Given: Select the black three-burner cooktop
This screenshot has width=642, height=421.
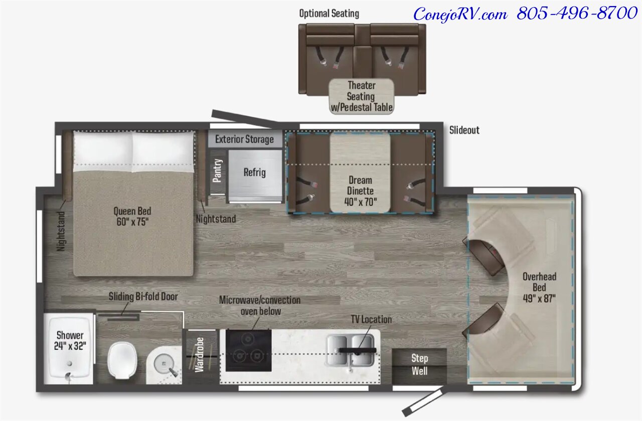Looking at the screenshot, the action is point(248,350).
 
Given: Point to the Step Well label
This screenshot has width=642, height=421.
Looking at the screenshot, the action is point(420,364).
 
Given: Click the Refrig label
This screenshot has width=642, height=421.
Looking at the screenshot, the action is point(254,172).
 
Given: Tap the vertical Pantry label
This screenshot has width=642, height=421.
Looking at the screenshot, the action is point(217,171).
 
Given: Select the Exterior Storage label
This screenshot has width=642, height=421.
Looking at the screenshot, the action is point(244,139).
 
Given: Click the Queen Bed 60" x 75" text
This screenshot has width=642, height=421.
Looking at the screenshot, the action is point(132,216).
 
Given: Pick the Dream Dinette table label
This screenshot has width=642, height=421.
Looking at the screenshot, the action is point(360,191).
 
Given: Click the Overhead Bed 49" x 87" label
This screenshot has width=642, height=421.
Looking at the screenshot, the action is point(539,288).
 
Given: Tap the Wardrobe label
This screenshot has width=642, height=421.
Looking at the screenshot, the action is point(199,355).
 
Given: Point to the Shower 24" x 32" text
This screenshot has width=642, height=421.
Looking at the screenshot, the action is point(70,340).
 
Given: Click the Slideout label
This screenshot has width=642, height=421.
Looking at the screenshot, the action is point(464,130).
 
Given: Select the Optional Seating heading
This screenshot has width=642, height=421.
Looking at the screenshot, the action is point(329,14).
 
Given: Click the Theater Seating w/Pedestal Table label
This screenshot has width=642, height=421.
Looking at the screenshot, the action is point(362,96).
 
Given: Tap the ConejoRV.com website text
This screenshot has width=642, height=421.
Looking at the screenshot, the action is point(460,14).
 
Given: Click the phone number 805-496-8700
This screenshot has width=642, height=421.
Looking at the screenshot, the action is point(577,13).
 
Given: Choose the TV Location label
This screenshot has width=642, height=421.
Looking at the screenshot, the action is point(372,319).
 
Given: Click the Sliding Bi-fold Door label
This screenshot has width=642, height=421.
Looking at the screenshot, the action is point(143,297).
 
